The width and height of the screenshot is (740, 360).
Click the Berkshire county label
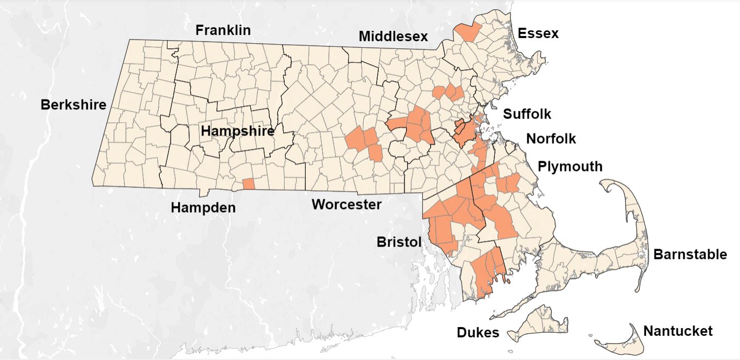pyautogui.click(x=73, y=105)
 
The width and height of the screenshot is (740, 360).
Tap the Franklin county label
pyautogui.click(x=223, y=30)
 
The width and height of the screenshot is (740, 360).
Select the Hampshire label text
pyautogui.click(x=237, y=131)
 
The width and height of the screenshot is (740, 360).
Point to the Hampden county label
pyautogui.click(x=203, y=207)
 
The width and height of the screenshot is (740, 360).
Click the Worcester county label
pyautogui.click(x=346, y=204)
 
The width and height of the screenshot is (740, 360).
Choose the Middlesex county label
pyautogui.click(x=393, y=36)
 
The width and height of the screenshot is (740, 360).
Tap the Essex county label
pyautogui.click(x=538, y=34)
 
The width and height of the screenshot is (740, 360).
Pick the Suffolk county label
pyautogui.click(x=527, y=113)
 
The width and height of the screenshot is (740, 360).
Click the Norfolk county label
pyautogui.click(x=551, y=139)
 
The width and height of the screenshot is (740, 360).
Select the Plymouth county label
pyautogui.click(x=570, y=167)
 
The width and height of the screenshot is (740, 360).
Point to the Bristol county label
pyautogui.click(x=399, y=241)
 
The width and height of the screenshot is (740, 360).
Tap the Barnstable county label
pyautogui.click(x=690, y=254)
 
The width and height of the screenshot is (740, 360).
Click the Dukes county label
pyautogui.click(x=478, y=332)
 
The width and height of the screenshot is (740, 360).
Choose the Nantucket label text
pyautogui.click(x=678, y=331)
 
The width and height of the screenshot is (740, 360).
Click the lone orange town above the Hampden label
pyautogui.click(x=248, y=184)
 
